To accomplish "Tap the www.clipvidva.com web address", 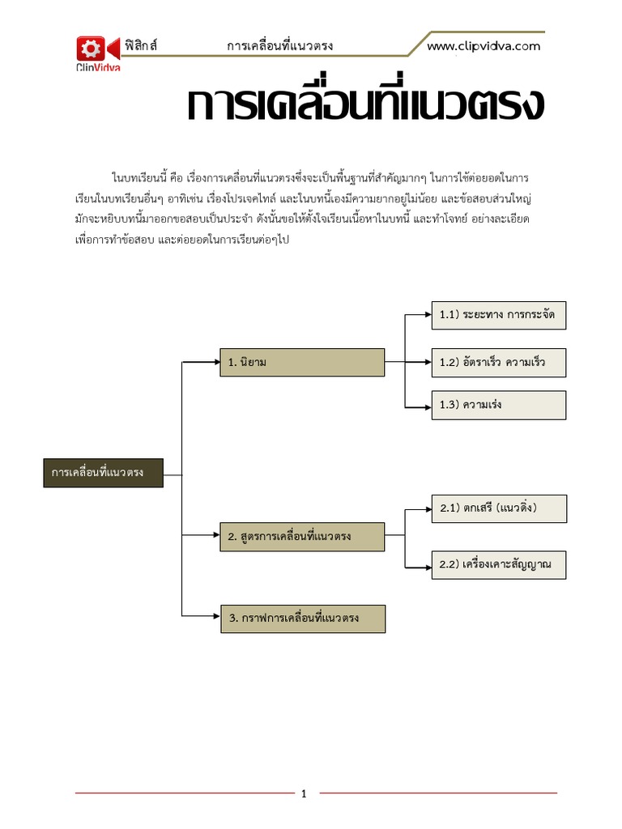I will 484,46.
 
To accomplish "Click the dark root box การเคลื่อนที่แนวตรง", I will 103,472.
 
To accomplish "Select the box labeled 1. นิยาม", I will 302,363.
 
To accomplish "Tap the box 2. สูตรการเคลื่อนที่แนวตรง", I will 302,537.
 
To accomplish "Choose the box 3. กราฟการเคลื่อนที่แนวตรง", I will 302,619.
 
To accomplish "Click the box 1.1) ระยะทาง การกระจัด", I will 498,314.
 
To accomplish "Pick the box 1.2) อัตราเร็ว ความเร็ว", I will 498,363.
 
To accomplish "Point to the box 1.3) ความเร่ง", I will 498,405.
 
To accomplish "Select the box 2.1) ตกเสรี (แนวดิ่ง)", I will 498,508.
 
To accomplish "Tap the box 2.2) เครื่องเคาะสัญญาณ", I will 498,564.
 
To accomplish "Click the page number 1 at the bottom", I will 304,793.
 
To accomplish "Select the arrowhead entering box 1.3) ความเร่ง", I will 427,405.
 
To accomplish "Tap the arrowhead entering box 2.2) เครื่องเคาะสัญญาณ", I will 427,564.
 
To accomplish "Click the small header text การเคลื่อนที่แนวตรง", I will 280,46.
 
